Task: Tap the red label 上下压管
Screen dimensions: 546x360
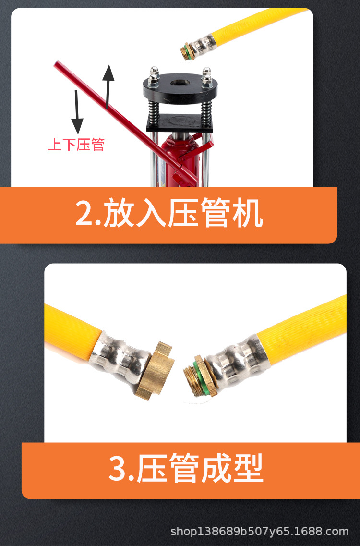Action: click(76, 144)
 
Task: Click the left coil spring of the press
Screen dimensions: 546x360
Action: click(153, 110)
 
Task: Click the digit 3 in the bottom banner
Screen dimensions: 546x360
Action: click(118, 469)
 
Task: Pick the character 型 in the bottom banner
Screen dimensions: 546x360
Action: click(247, 469)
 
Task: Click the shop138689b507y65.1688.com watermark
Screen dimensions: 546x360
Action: click(260, 532)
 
